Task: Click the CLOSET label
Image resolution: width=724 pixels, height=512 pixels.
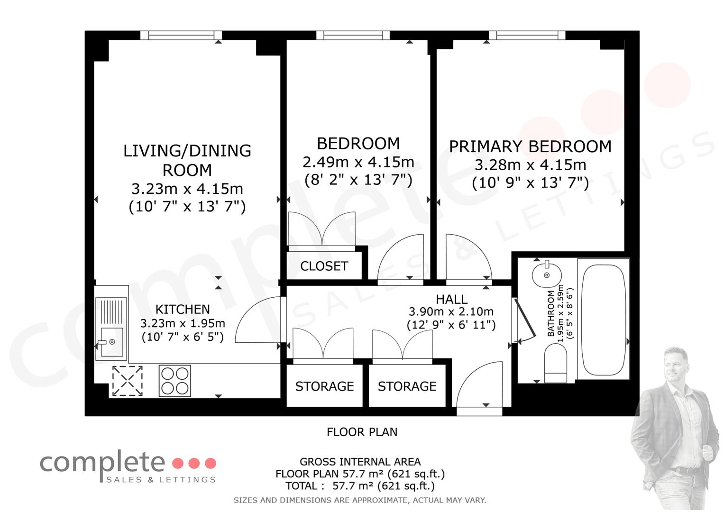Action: [324, 266]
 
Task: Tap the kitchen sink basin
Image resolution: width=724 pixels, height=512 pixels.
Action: [111, 342]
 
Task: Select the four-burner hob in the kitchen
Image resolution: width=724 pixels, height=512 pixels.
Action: [174, 381]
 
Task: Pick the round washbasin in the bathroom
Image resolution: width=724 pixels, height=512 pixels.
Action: [547, 275]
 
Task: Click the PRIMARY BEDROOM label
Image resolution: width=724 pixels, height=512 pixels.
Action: [530, 147]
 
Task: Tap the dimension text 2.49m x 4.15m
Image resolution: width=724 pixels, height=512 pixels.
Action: [358, 162]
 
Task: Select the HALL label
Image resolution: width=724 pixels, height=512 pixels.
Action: [451, 299]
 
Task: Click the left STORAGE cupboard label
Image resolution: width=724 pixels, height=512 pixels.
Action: [324, 386]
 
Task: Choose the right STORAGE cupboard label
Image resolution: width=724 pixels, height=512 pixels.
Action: [407, 386]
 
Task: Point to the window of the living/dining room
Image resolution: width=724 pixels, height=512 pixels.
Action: [181, 35]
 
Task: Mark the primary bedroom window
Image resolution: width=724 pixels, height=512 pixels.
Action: [527, 35]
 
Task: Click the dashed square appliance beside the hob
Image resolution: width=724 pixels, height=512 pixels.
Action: [128, 381]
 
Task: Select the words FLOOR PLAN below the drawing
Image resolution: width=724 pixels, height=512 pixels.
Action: [362, 432]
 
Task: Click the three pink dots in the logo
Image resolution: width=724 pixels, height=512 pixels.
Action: [194, 463]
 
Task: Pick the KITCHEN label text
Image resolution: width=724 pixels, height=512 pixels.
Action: [183, 310]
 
